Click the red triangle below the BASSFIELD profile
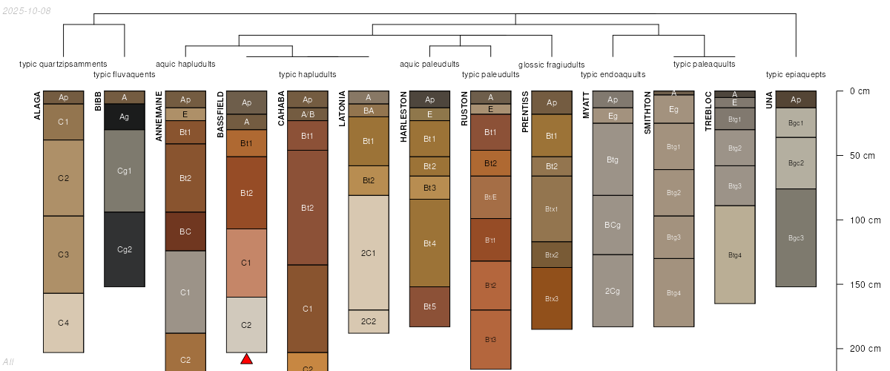pyautogui.click(x=247, y=359)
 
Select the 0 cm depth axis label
pyautogui.click(x=860, y=91)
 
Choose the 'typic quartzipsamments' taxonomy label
pyautogui.click(x=63, y=64)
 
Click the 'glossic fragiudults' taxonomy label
pyautogui.click(x=551, y=65)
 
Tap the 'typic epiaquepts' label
pyautogui.click(x=796, y=74)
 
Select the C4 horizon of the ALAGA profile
pyautogui.click(x=64, y=322)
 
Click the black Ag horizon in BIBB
pyautogui.click(x=125, y=116)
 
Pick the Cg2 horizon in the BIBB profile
pyautogui.click(x=125, y=249)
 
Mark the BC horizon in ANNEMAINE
pyautogui.click(x=185, y=232)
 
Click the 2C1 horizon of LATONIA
pyautogui.click(x=369, y=253)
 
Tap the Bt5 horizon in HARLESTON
pyautogui.click(x=429, y=306)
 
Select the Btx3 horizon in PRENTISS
pyautogui.click(x=551, y=298)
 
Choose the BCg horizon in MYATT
pyautogui.click(x=613, y=225)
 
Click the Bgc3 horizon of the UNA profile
pyautogui.click(x=796, y=237)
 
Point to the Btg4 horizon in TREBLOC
pyautogui.click(x=735, y=255)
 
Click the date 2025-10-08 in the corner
pyautogui.click(x=27, y=10)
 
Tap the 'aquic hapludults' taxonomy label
pyautogui.click(x=186, y=64)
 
